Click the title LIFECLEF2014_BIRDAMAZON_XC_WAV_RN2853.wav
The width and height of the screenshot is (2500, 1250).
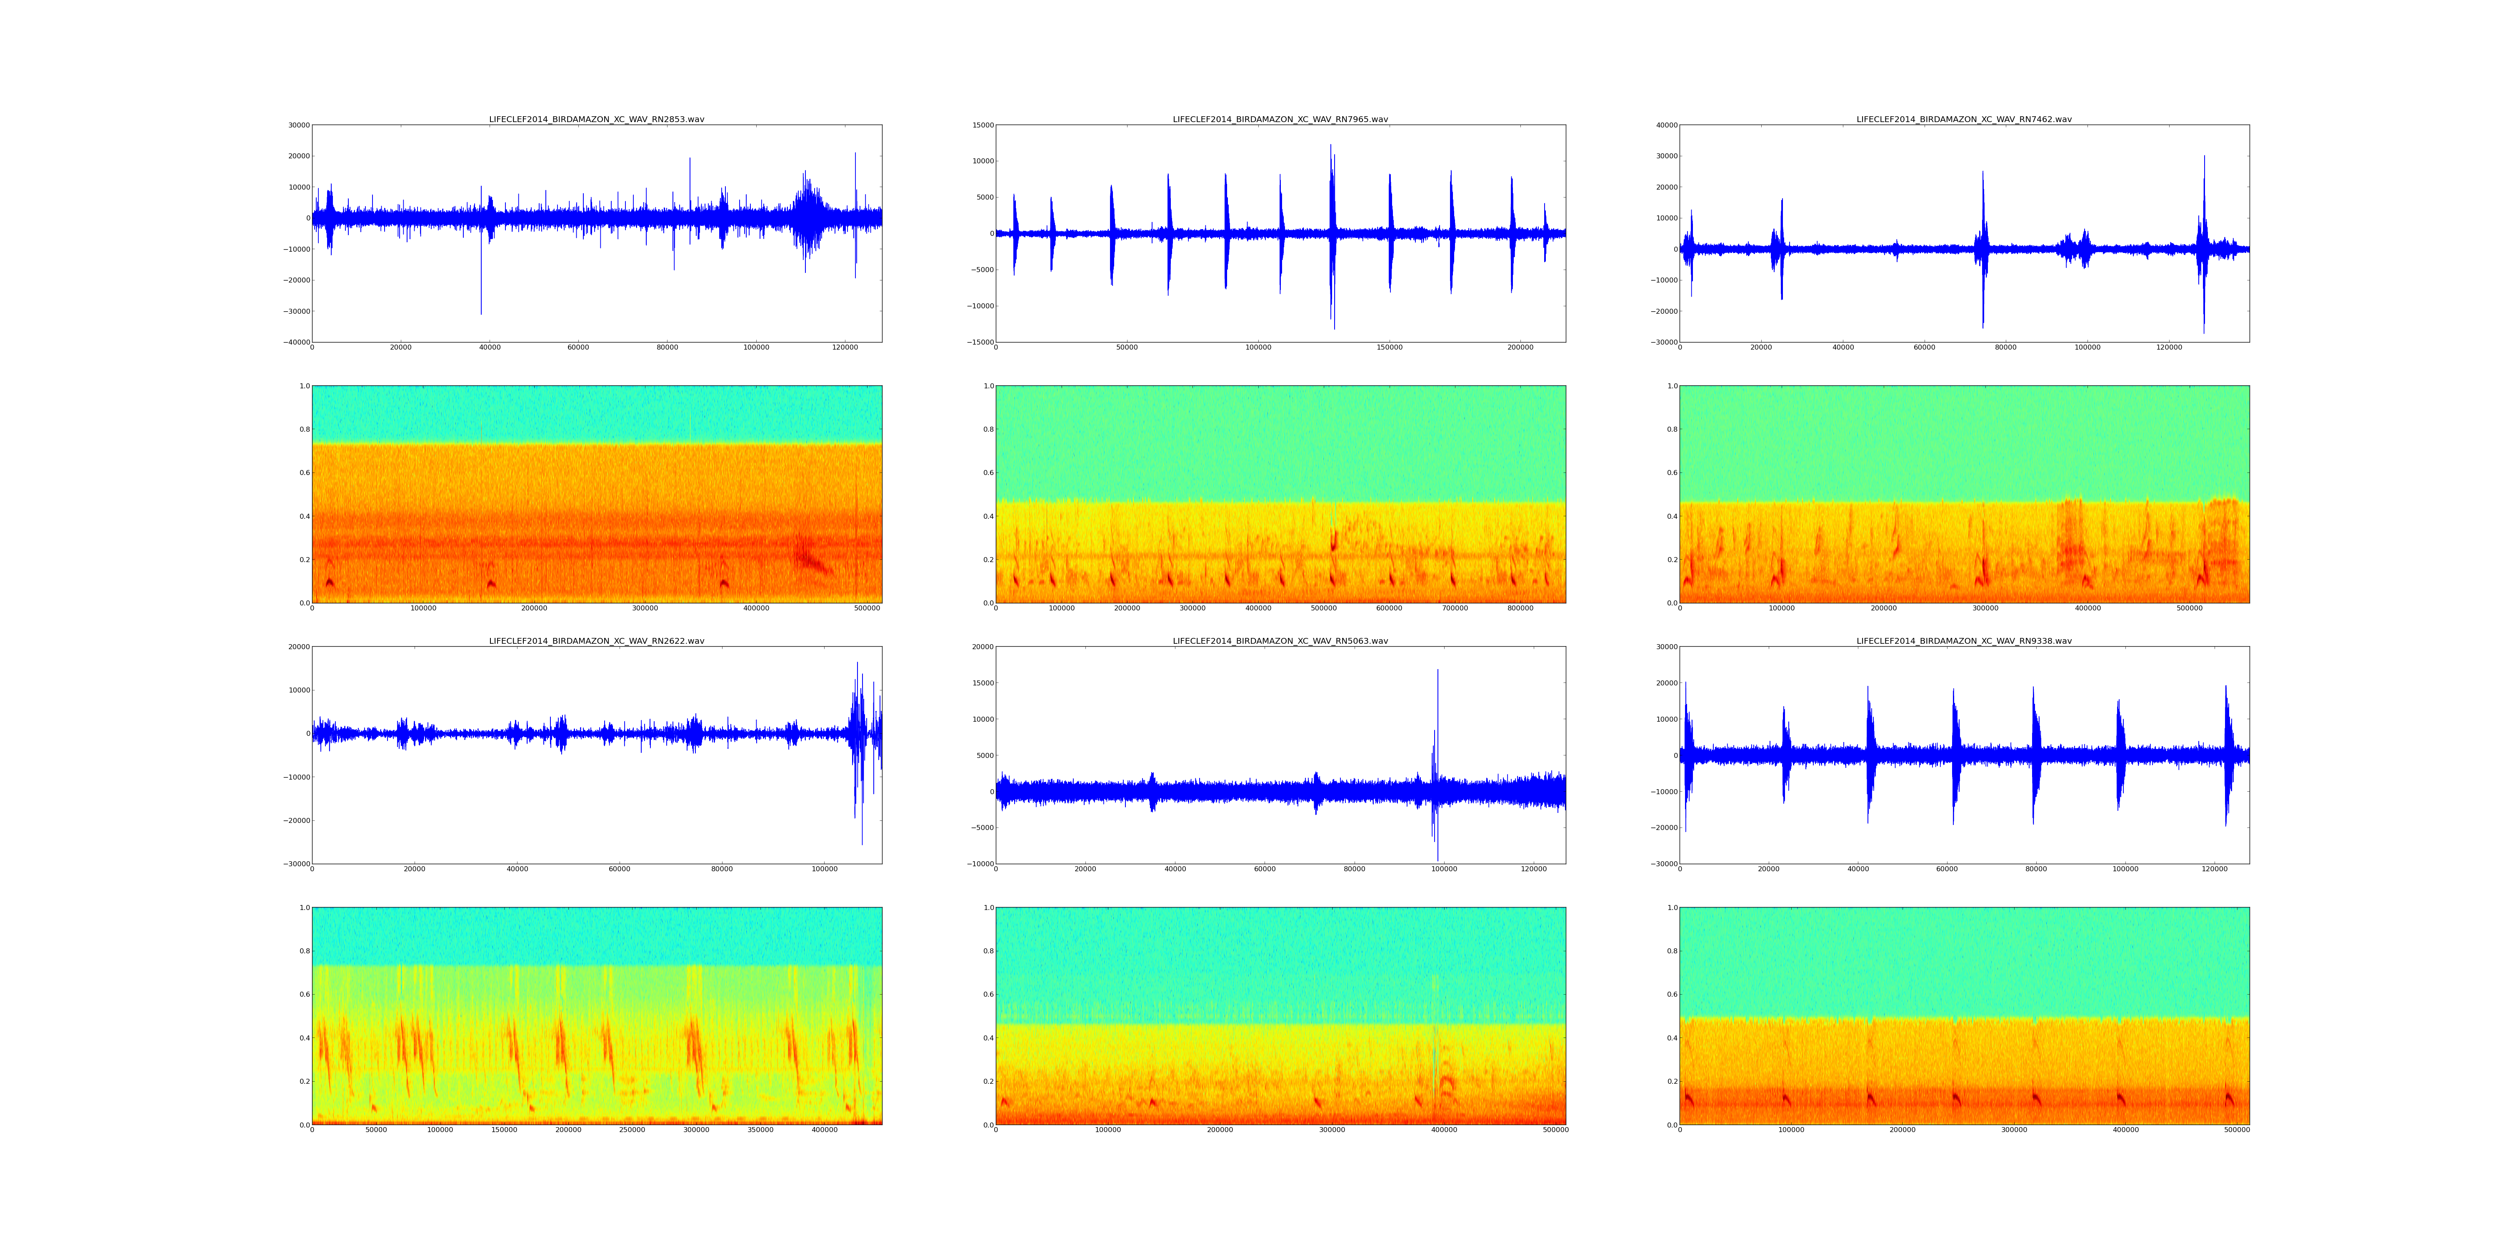click(x=596, y=119)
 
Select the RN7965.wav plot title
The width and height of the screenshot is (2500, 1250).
click(x=1280, y=119)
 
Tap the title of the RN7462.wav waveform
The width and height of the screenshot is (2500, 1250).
click(x=1963, y=119)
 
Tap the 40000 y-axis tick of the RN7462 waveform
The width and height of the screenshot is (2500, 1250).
click(x=1663, y=125)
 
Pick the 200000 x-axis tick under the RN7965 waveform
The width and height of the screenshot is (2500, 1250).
click(x=1521, y=347)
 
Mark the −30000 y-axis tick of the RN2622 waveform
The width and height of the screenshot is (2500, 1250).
click(x=295, y=864)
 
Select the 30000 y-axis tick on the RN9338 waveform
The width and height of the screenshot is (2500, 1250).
click(x=1663, y=647)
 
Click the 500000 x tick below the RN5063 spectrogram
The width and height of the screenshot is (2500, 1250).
click(x=1556, y=1130)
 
